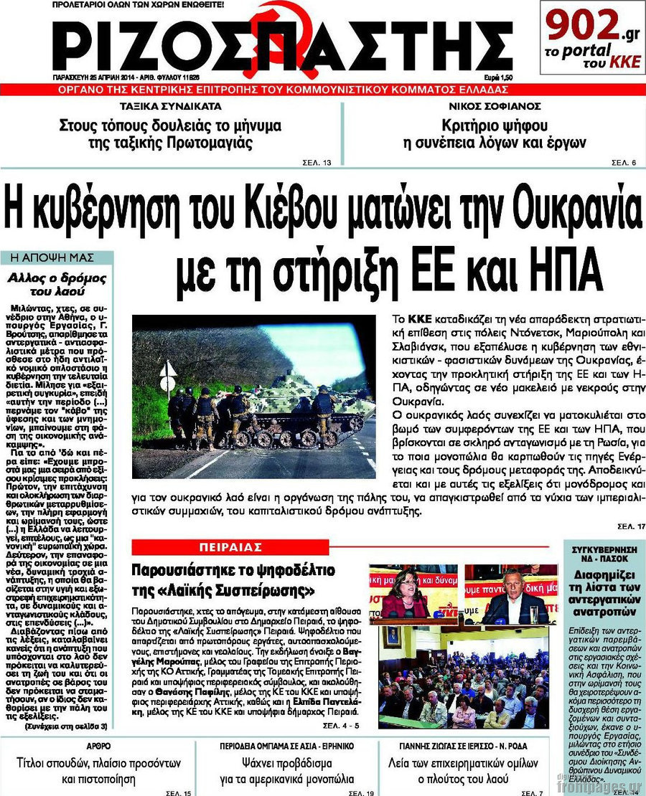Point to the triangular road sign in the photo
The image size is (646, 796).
click(168, 371)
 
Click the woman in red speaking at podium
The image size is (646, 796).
click(407, 596)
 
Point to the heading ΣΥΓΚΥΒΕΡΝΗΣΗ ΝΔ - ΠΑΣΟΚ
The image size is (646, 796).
click(605, 556)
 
